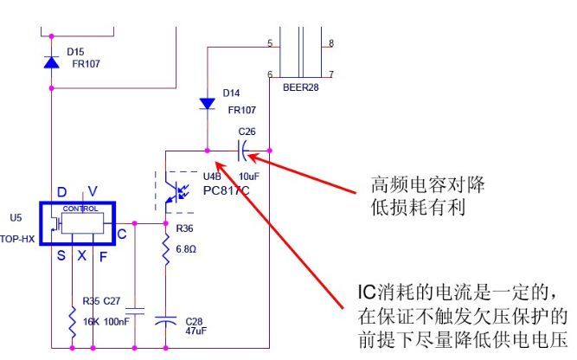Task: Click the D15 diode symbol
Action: [x=51, y=62]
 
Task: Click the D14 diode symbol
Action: [x=207, y=102]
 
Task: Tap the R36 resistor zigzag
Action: [x=165, y=251]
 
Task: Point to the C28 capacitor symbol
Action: [x=165, y=321]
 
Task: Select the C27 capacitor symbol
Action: [x=134, y=311]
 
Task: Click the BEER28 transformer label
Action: [x=301, y=87]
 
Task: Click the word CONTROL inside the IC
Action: [x=80, y=209]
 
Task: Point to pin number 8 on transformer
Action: [x=330, y=42]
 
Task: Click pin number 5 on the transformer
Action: [x=270, y=42]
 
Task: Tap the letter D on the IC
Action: [x=61, y=191]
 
